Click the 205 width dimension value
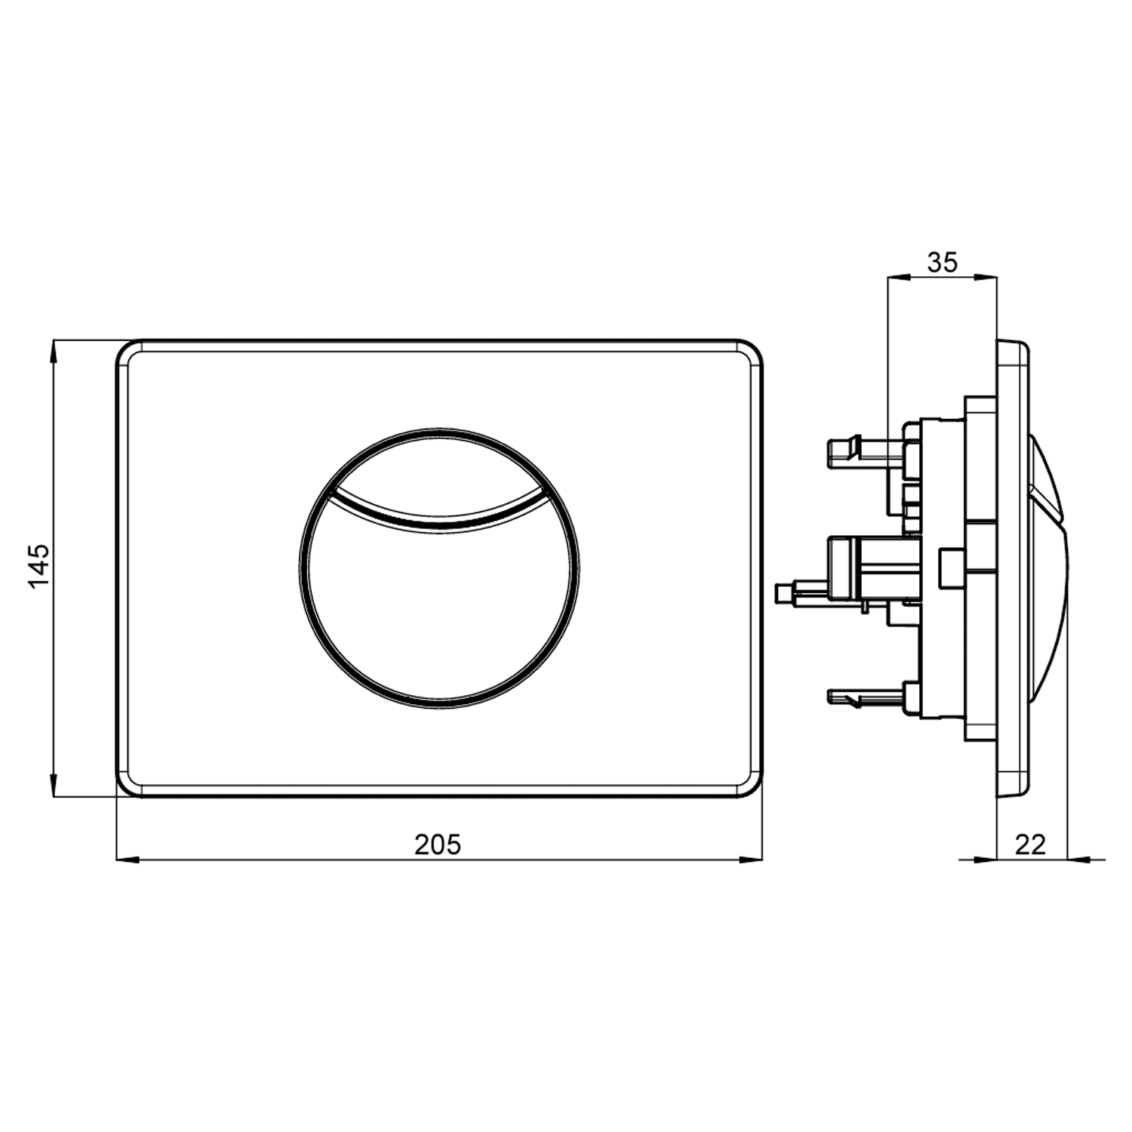point(437,844)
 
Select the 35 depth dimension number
point(942,263)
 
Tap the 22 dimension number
point(1030,844)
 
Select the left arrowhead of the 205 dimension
point(128,859)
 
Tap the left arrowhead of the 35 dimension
point(898,278)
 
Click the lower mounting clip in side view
point(845,696)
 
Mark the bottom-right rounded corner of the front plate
point(752,786)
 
